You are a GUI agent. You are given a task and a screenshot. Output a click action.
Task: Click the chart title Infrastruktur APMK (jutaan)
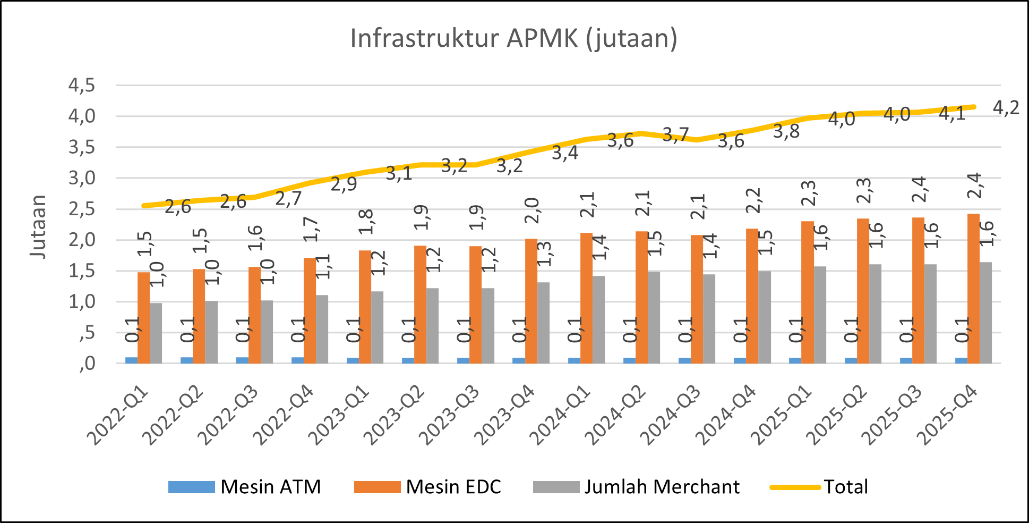pyautogui.click(x=513, y=39)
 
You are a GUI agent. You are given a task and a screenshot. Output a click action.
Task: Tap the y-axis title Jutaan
pyautogui.click(x=39, y=227)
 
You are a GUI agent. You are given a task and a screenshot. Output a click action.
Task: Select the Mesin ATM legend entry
pyautogui.click(x=244, y=487)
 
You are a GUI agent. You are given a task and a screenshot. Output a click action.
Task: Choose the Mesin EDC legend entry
pyautogui.click(x=428, y=487)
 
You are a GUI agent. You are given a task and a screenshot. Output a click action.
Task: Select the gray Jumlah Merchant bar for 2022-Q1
pyautogui.click(x=156, y=333)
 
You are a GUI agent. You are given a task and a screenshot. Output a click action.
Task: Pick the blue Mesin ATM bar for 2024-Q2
pyautogui.click(x=629, y=360)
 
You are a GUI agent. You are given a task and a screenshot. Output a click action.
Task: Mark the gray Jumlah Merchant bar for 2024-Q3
pyautogui.click(x=709, y=319)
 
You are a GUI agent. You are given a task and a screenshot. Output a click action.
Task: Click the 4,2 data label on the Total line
pyautogui.click(x=1006, y=108)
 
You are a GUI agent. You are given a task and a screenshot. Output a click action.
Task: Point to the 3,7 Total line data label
pyautogui.click(x=675, y=136)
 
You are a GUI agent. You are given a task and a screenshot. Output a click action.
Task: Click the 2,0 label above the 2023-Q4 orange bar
pyautogui.click(x=531, y=210)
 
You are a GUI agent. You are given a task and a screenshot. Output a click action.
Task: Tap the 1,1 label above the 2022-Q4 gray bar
pyautogui.click(x=322, y=266)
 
